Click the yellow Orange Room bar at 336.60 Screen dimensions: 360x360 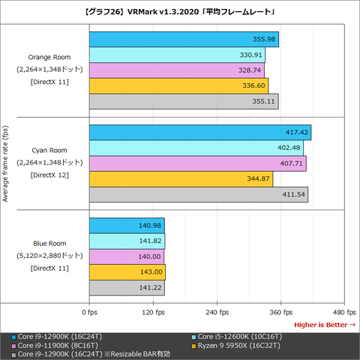(178, 85)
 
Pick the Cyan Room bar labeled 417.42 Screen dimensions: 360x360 (199, 133)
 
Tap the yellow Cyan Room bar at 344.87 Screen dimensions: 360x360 (181, 179)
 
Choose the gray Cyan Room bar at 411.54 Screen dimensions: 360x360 (198, 195)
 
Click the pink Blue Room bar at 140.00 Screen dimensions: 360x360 (126, 256)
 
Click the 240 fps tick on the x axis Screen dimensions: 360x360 (216, 311)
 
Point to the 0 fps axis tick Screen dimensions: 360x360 (88, 311)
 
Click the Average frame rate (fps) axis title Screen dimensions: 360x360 (6, 163)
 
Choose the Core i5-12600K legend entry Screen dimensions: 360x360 (237, 336)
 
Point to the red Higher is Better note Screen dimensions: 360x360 (324, 325)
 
